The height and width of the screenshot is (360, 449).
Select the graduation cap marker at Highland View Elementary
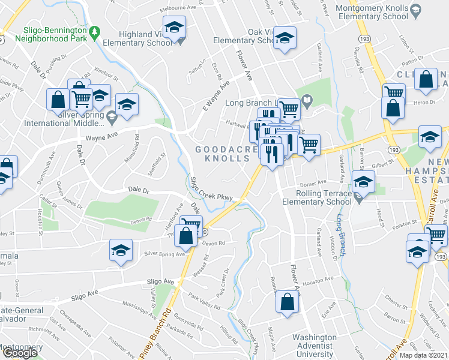pos(175,28)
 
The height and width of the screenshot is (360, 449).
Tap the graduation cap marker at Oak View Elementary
pos(285,38)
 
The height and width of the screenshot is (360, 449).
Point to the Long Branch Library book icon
pos(307,101)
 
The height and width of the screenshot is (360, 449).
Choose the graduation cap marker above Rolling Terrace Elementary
pos(363,182)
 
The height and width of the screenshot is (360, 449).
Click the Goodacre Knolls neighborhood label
pos(222,154)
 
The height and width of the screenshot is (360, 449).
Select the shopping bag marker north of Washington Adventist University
pos(288,303)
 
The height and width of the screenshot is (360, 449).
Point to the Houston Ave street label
pos(317,280)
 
